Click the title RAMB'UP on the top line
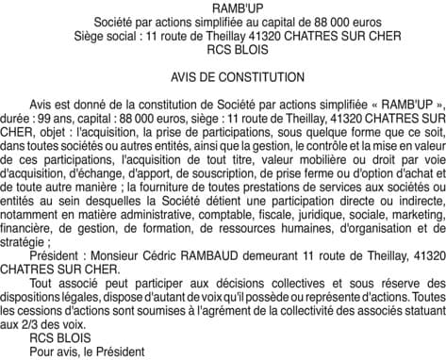click(x=223, y=8)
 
